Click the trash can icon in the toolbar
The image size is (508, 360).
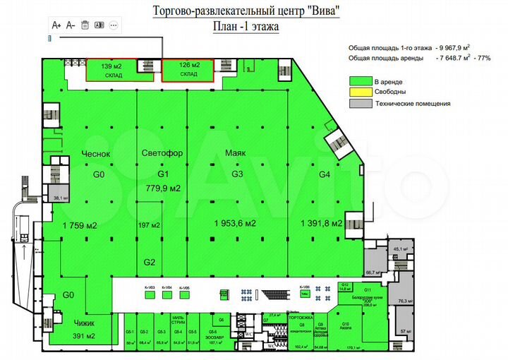point(85,25)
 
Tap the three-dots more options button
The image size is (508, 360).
point(113,25)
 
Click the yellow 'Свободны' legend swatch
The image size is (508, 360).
point(361,92)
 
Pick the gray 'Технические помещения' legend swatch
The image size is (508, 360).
point(361,104)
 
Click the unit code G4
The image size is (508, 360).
point(325,174)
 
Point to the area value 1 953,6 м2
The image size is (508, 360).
point(235,224)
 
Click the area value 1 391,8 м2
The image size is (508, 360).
point(322,224)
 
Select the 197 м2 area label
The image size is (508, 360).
point(150,225)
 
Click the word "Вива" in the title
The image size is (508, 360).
point(326,10)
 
